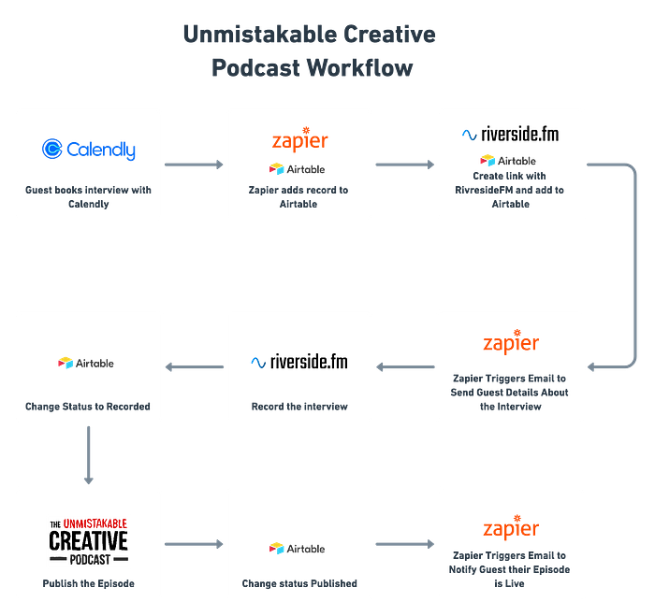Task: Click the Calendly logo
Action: pos(89,150)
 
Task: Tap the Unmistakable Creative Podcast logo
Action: pos(89,542)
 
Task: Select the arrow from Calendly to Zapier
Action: pos(194,165)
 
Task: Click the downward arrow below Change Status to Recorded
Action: pos(89,455)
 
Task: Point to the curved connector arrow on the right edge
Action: pos(635,265)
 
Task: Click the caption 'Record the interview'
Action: pos(299,407)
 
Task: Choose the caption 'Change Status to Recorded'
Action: pos(88,407)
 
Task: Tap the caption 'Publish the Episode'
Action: pos(89,583)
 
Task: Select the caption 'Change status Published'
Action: pos(299,583)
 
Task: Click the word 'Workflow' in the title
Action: pos(359,67)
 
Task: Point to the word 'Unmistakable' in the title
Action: pos(260,34)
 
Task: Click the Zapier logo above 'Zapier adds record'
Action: pos(300,139)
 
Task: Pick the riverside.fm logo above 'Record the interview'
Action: pos(299,362)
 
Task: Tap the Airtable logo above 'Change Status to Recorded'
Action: pos(86,363)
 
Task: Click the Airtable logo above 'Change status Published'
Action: pos(297,549)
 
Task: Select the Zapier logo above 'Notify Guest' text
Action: pos(511,527)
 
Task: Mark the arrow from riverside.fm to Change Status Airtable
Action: pos(195,366)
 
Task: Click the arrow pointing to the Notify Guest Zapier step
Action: pos(405,544)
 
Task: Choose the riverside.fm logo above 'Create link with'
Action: pos(511,135)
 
